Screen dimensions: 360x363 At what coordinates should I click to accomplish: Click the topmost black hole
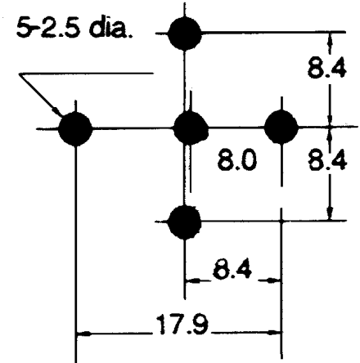[185, 34]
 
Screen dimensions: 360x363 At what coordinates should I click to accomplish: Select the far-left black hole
[75, 128]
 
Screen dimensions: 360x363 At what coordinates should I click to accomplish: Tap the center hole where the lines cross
[191, 128]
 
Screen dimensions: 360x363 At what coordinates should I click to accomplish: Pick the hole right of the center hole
[281, 127]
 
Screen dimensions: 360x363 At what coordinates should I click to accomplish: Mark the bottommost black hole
[185, 222]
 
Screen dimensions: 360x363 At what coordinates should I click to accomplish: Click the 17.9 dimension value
[182, 325]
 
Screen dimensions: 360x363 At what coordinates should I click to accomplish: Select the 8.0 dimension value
[237, 161]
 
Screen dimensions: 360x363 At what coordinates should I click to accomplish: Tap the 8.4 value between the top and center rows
[326, 67]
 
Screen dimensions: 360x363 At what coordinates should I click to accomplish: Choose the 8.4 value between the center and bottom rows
[327, 160]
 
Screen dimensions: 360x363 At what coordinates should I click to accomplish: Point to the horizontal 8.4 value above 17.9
[232, 269]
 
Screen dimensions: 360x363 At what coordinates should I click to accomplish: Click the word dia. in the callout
[110, 28]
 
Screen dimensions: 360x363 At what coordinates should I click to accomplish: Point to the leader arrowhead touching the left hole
[57, 111]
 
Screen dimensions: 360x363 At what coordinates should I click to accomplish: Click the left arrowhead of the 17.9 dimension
[83, 333]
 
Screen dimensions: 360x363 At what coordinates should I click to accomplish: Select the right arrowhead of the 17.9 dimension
[274, 333]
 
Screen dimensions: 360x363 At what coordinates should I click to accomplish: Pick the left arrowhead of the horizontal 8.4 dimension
[192, 280]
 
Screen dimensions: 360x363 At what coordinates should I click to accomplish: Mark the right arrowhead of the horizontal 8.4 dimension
[274, 280]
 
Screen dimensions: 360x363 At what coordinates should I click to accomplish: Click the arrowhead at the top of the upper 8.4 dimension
[330, 39]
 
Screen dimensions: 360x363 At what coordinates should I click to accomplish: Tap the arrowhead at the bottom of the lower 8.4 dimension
[331, 213]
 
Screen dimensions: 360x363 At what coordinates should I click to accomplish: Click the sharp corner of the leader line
[20, 74]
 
